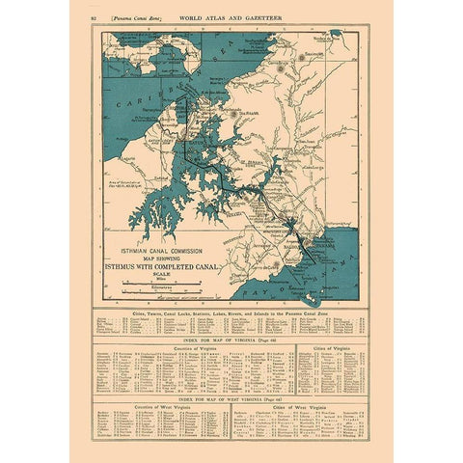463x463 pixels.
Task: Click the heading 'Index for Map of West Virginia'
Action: coord(231,396)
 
